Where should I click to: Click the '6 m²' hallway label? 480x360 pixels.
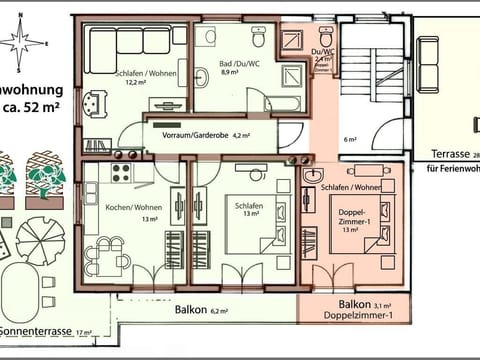[349, 140]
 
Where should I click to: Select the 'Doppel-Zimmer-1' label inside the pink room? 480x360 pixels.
[354, 221]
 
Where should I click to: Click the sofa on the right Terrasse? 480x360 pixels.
[475, 125]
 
